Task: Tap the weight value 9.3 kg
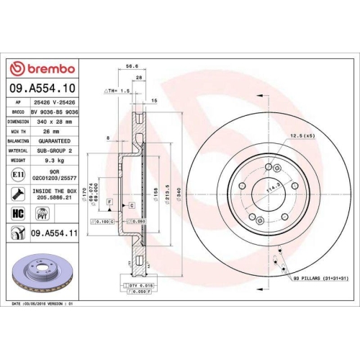[x=57, y=161]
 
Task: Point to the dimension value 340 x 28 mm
[x=57, y=122]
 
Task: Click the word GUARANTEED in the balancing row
[x=57, y=141]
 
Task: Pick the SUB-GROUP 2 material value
[x=57, y=150]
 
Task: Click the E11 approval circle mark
[x=17, y=176]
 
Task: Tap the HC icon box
[x=18, y=213]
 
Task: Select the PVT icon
[x=42, y=213]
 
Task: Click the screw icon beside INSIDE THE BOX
[x=17, y=193]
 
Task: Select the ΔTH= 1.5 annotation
[x=117, y=91]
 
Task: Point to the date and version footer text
[x=43, y=305]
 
